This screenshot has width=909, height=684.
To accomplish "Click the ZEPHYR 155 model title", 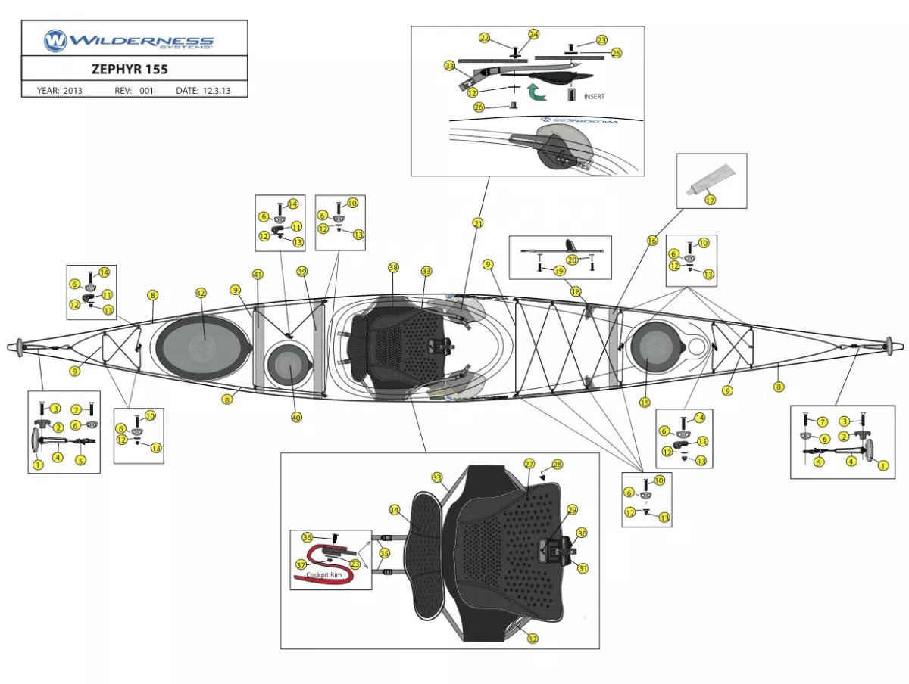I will pyautogui.click(x=130, y=69).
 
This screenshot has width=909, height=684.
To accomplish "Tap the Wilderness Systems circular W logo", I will pyautogui.click(x=55, y=40).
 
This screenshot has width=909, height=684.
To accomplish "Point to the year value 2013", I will pyautogui.click(x=73, y=91).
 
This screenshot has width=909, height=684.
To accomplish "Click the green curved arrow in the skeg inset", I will pyautogui.click(x=537, y=93).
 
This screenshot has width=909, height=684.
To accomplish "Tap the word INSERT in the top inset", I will pyautogui.click(x=594, y=97).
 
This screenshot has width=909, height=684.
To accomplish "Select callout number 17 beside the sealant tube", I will pyautogui.click(x=710, y=201).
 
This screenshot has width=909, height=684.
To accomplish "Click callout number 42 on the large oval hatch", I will pyautogui.click(x=201, y=293).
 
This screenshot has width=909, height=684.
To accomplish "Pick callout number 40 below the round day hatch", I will pyautogui.click(x=296, y=417).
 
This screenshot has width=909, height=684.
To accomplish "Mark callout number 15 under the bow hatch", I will pyautogui.click(x=645, y=403).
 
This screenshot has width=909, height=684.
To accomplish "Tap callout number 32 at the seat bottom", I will pyautogui.click(x=533, y=639).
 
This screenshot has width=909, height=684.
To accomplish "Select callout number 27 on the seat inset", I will pyautogui.click(x=529, y=463).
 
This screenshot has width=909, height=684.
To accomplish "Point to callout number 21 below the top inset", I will pyautogui.click(x=477, y=223).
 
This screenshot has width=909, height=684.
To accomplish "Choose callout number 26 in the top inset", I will pyautogui.click(x=479, y=107).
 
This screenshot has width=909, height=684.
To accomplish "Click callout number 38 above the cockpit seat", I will pyautogui.click(x=392, y=268).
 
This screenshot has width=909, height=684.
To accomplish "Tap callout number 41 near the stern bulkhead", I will pyautogui.click(x=258, y=274).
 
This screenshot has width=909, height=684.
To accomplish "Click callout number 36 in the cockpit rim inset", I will pyautogui.click(x=307, y=537).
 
